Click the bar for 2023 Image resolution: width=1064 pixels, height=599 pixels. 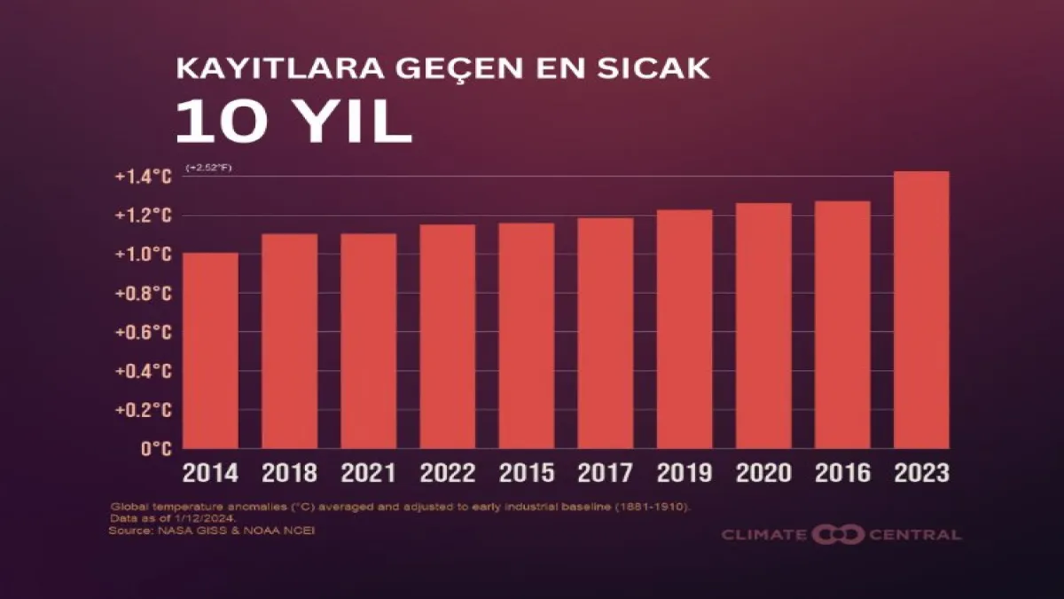click(921, 310)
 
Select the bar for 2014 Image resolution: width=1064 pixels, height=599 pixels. click(210, 351)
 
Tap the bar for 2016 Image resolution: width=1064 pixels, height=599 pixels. click(842, 325)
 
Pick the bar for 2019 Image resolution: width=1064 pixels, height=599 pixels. click(685, 329)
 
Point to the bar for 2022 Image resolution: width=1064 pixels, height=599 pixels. click(448, 336)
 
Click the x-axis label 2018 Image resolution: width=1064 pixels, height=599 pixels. click(289, 472)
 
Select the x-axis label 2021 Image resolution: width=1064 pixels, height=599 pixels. click(369, 472)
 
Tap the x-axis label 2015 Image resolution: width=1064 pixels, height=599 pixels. click(527, 472)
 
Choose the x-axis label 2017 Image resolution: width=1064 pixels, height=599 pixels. click(606, 472)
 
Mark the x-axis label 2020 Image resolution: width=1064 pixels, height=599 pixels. click(763, 472)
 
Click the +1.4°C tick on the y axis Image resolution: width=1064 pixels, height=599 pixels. click(143, 177)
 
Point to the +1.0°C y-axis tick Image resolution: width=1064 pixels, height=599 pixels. click(143, 255)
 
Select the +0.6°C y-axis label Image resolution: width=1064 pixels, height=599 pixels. click(143, 332)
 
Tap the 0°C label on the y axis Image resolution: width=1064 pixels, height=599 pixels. click(155, 449)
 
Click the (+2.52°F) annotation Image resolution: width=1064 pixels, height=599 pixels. click(209, 167)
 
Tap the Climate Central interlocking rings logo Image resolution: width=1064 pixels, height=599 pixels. click(838, 534)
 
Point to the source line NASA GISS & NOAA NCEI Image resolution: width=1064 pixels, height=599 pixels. click(212, 531)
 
